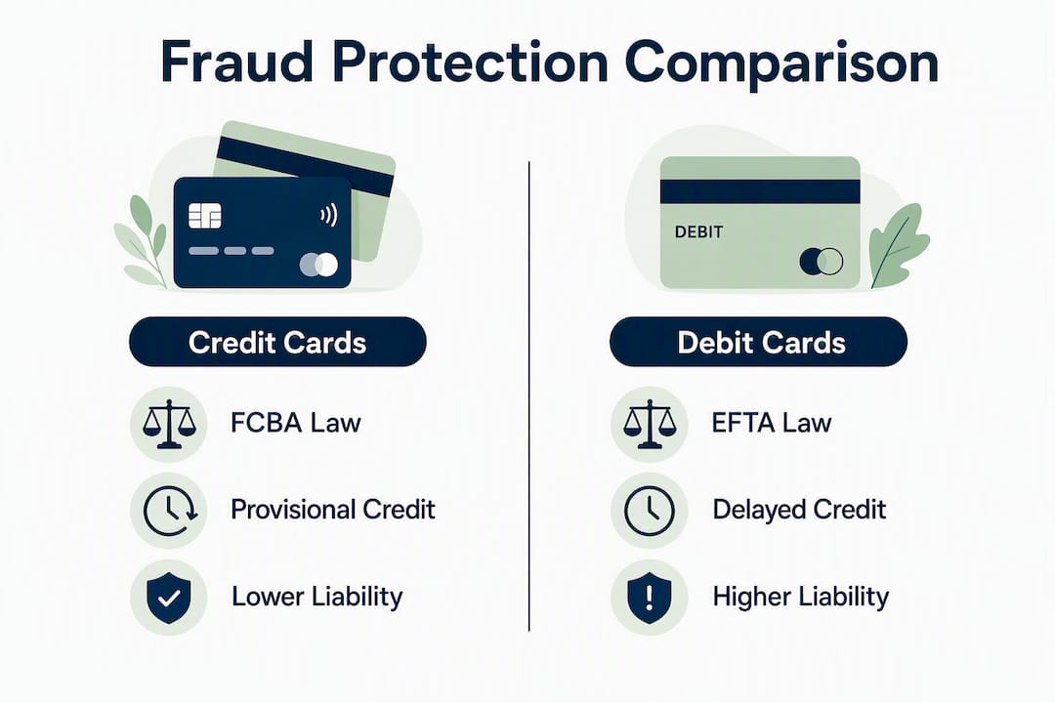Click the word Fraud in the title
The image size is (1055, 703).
pyautogui.click(x=236, y=62)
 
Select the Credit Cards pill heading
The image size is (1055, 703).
pyautogui.click(x=277, y=342)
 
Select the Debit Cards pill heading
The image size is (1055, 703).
pyautogui.click(x=758, y=342)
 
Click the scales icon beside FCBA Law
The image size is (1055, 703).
pyautogui.click(x=169, y=424)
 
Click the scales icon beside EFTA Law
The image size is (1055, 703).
pyautogui.click(x=650, y=424)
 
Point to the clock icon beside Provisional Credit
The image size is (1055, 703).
pyautogui.click(x=170, y=511)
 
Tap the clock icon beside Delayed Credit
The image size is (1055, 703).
pyautogui.click(x=650, y=511)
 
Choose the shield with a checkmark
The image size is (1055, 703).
pyautogui.click(x=169, y=598)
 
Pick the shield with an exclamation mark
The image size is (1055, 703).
pyautogui.click(x=650, y=598)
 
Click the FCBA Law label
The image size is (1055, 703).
pyautogui.click(x=295, y=423)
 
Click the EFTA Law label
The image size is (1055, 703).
pyautogui.click(x=771, y=423)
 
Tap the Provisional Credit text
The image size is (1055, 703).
pyautogui.click(x=333, y=510)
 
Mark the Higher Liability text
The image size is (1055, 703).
pyautogui.click(x=801, y=597)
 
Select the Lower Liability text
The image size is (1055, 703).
pyautogui.click(x=316, y=597)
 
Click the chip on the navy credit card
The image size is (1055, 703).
pyautogui.click(x=204, y=215)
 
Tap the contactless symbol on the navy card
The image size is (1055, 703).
pyautogui.click(x=328, y=215)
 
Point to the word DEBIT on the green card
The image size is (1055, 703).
pyautogui.click(x=698, y=232)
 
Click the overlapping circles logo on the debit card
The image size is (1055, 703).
pyautogui.click(x=821, y=261)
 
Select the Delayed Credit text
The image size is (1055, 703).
pyautogui.click(x=799, y=510)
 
